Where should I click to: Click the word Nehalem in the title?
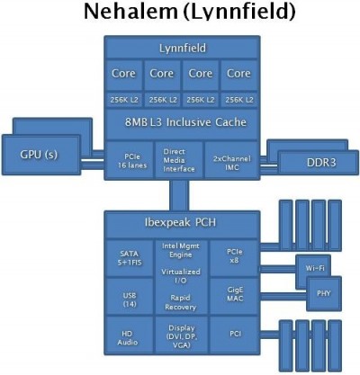tap(130, 12)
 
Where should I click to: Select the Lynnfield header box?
tap(182, 48)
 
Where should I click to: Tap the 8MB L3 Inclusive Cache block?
tap(182, 123)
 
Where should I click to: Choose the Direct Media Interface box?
tap(179, 161)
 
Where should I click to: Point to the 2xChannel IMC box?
tap(231, 161)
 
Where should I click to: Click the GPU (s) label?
tap(39, 155)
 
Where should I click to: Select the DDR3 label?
tap(321, 163)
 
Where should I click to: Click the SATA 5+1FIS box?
tap(130, 258)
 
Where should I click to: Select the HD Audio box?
tap(130, 335)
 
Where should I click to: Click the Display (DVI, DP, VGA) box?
tap(182, 335)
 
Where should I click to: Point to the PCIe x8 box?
tap(234, 258)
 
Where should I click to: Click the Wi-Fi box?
tap(313, 268)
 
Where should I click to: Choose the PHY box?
tap(324, 294)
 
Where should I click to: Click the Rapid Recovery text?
tap(180, 302)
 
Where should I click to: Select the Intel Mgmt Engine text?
tap(181, 250)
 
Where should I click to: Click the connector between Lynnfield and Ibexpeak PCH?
tap(179, 195)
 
